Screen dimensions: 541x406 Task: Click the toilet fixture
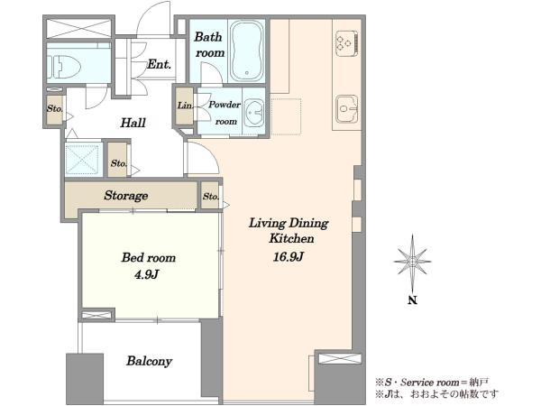[x=64, y=66]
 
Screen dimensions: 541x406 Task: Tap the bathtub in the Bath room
[x=246, y=51]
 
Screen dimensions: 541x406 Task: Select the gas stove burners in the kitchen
[x=346, y=43]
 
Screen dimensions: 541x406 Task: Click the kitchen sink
[x=347, y=109]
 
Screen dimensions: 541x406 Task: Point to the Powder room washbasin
[x=254, y=112]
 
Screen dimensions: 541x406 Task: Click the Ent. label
[x=159, y=64]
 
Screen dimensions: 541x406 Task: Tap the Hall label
[x=133, y=123]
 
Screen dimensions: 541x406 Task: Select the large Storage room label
[x=126, y=196]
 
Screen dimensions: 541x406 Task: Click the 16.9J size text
[x=289, y=257]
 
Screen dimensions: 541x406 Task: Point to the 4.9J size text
[x=146, y=275]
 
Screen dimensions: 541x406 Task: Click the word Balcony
[x=149, y=361]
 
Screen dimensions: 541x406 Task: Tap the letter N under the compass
[x=412, y=300]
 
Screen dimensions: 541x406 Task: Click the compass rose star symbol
[x=412, y=262]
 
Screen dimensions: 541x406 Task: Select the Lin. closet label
[x=185, y=106]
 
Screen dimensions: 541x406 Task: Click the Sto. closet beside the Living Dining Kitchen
[x=211, y=197]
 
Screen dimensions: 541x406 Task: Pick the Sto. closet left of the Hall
[x=55, y=108]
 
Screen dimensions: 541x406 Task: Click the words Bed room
[x=149, y=257]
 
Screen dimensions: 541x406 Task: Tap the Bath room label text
[x=209, y=44]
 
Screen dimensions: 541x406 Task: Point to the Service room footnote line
[x=432, y=383]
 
